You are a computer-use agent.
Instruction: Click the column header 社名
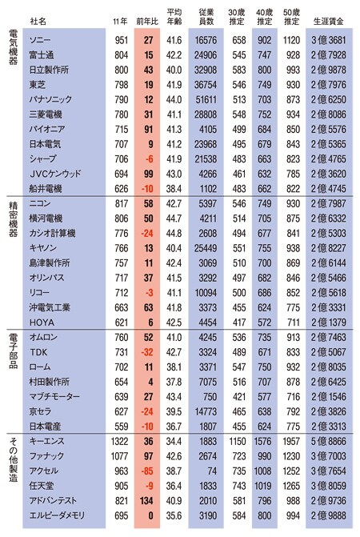click(x=38, y=22)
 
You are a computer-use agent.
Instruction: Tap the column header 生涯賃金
click(x=329, y=22)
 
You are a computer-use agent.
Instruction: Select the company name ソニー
click(x=40, y=40)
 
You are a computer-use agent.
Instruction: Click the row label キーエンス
click(x=47, y=441)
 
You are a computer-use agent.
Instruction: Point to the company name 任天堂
click(x=42, y=486)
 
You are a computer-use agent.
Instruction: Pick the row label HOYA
click(x=42, y=323)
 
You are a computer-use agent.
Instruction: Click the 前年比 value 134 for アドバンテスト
click(x=146, y=501)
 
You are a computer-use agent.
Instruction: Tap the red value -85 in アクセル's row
click(x=147, y=471)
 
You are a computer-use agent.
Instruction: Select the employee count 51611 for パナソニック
click(x=206, y=100)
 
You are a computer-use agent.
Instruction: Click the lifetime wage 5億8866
click(x=329, y=441)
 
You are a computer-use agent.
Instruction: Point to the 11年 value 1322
click(x=119, y=441)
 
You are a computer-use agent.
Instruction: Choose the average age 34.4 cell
click(x=174, y=441)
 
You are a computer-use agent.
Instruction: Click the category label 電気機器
click(x=13, y=47)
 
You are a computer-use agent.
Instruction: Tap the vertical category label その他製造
click(x=13, y=459)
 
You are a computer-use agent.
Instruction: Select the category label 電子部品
click(x=13, y=351)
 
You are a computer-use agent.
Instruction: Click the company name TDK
click(x=38, y=352)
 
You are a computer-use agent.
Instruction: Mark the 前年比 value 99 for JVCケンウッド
click(x=149, y=174)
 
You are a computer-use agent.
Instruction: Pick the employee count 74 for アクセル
click(x=212, y=471)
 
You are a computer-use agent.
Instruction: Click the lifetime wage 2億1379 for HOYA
click(x=329, y=323)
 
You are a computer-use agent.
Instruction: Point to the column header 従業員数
click(x=206, y=17)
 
